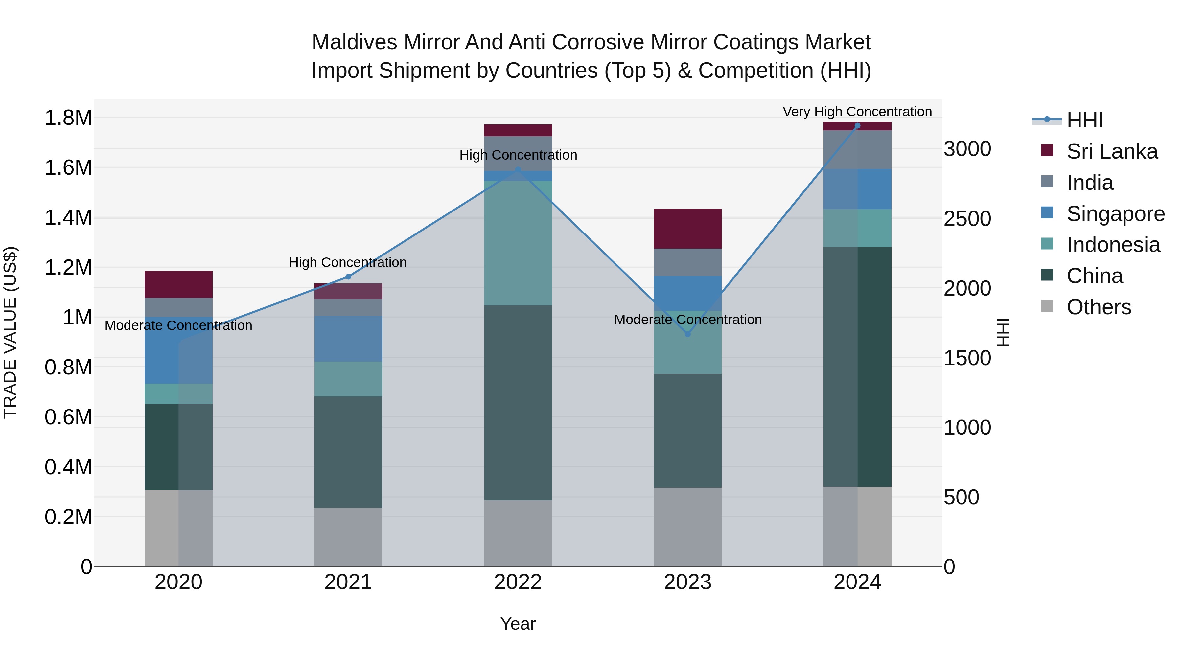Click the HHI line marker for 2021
coord(348,277)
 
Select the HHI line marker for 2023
coord(687,334)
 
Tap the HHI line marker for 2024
coord(857,126)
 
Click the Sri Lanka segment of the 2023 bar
coord(687,229)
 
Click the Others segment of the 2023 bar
coord(687,526)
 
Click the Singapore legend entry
coord(1115,214)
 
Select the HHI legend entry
coord(1084,120)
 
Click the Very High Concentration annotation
coord(857,112)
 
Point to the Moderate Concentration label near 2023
coord(687,320)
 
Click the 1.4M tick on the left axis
coord(68,217)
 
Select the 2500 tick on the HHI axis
coord(967,219)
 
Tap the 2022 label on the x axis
coord(518,582)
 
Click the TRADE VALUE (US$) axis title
coord(10,332)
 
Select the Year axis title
coord(518,624)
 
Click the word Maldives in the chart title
coord(354,42)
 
